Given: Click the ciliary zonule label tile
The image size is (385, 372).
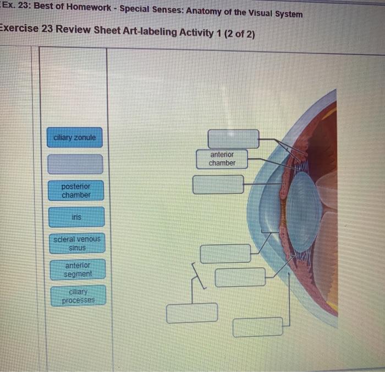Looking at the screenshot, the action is coord(75,137).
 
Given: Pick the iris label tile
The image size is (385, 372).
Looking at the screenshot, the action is coord(76,217).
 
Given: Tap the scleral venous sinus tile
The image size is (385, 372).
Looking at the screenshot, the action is coord(77,243).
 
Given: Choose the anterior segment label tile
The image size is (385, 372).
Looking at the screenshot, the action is coord(78,269).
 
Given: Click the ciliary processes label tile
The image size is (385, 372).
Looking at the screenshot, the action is coord(78,296).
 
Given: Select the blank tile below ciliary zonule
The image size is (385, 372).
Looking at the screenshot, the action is coord(75,164).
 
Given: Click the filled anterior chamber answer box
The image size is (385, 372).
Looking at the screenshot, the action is coord(222,159).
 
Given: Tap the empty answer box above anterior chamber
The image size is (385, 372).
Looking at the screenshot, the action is coord(233,138).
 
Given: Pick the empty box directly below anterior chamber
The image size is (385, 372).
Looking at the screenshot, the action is coord(218,185).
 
